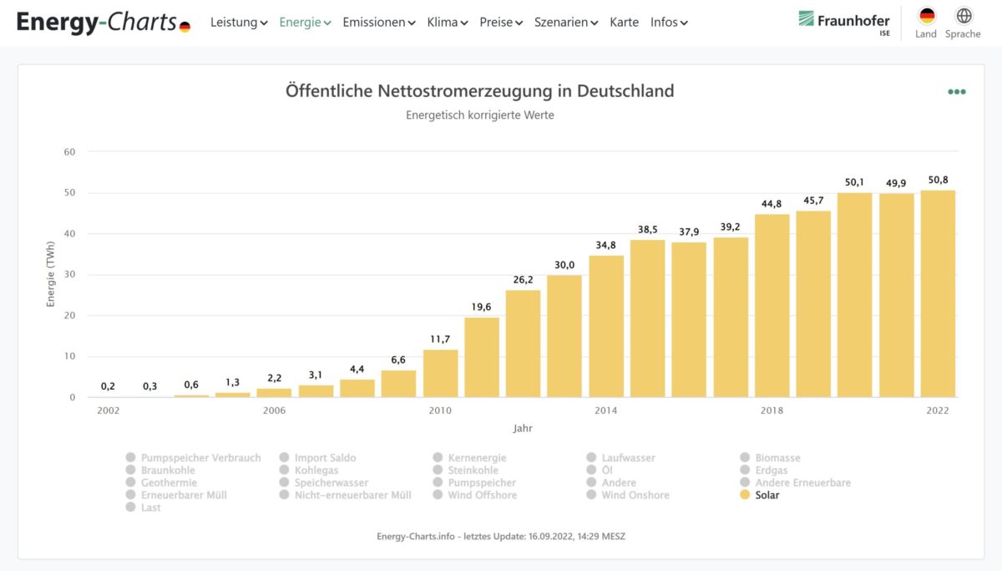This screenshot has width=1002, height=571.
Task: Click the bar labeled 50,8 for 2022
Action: tap(938, 293)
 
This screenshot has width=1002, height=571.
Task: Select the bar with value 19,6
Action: tap(482, 357)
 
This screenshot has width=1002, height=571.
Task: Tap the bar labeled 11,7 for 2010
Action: tap(440, 373)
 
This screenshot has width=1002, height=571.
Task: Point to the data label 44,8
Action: tap(772, 203)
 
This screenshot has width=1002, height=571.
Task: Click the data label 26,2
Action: tap(523, 279)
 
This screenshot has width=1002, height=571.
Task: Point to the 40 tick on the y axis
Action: tap(70, 234)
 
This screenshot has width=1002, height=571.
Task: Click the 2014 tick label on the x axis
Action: tap(606, 410)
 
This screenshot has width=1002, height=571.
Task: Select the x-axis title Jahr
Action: tap(523, 428)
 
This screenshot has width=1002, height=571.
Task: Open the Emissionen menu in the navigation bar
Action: tap(378, 23)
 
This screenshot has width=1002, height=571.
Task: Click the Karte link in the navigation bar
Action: tap(624, 23)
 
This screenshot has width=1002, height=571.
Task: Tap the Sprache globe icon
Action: tap(964, 16)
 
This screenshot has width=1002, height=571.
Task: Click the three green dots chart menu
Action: tap(956, 92)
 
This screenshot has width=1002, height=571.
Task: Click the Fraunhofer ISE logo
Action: tap(843, 22)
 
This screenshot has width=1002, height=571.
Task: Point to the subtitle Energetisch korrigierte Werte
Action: tap(479, 115)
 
